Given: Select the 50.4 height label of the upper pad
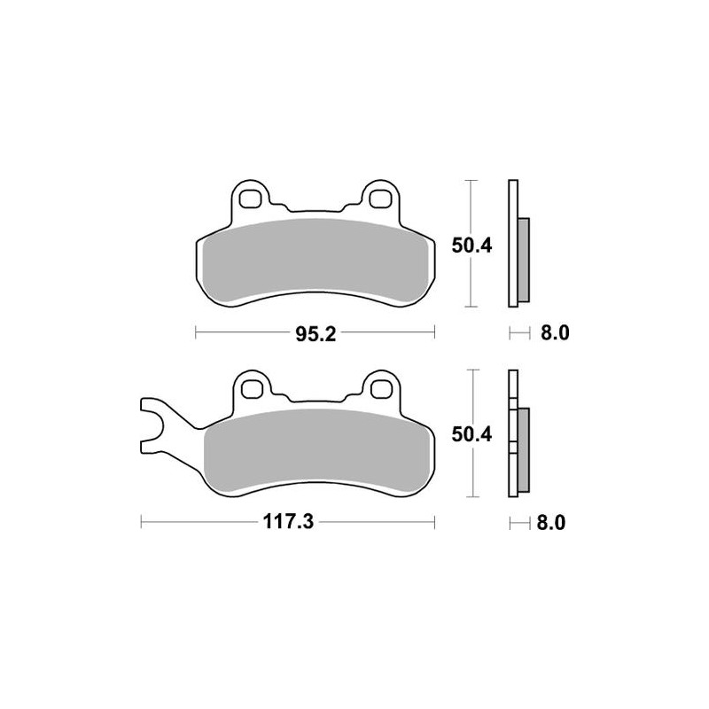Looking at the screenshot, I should coord(472,246).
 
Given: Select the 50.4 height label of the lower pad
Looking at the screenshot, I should coord(472,435).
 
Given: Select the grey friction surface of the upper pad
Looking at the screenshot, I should coord(315,261).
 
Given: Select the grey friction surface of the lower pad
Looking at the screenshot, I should coord(319,452).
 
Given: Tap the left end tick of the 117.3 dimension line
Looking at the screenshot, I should coord(142,522).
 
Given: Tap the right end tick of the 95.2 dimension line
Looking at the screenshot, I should coord(436,333).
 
